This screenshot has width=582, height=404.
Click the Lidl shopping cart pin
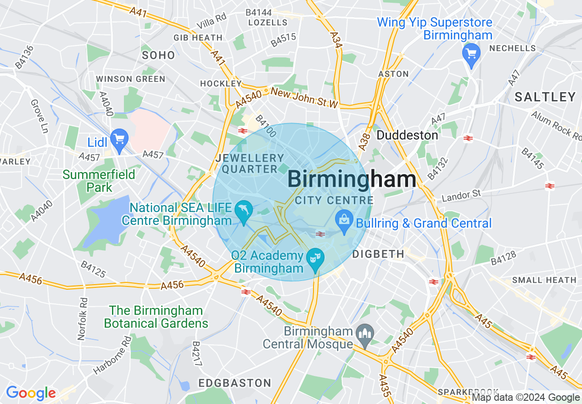click(x=119, y=139)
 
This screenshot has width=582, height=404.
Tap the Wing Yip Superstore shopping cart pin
click(x=470, y=54)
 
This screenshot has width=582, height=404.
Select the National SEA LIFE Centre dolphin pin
click(x=243, y=211)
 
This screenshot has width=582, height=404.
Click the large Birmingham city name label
click(x=352, y=180)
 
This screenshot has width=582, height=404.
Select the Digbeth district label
click(x=378, y=254)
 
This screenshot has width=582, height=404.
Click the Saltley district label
click(x=545, y=97)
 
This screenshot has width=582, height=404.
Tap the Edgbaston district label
click(x=235, y=383)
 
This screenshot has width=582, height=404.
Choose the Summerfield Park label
click(x=99, y=181)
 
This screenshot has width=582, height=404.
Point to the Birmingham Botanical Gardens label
click(x=156, y=317)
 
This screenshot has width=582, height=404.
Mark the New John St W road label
click(x=304, y=98)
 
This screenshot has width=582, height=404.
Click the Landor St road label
click(x=461, y=196)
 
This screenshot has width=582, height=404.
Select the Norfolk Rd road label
click(x=82, y=319)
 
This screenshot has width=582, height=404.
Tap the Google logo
click(x=31, y=393)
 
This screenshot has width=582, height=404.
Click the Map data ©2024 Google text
click(x=526, y=398)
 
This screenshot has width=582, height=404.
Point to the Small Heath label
click(x=544, y=280)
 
